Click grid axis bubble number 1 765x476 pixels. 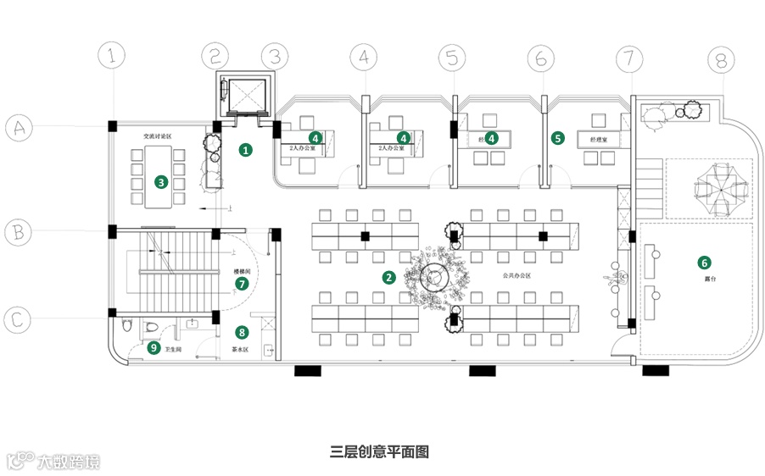(x=113, y=58)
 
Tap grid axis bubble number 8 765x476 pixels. (x=721, y=61)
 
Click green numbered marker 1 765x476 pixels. (x=246, y=151)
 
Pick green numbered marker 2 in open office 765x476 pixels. (x=388, y=277)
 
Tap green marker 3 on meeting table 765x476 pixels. (x=159, y=180)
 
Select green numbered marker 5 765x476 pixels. (x=557, y=137)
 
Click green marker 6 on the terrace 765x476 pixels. (x=703, y=262)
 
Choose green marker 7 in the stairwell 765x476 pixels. (x=243, y=284)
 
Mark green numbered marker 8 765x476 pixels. (x=243, y=333)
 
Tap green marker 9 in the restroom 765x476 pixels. (x=154, y=347)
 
